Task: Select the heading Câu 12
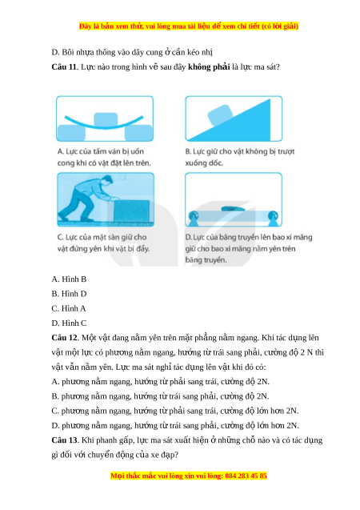coord(65,338)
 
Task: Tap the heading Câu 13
coord(65,440)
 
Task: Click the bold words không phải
coord(209,67)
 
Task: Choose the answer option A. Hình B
coord(69,279)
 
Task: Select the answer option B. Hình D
coord(69,294)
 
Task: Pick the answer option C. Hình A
coord(69,308)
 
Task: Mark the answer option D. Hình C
coord(69,323)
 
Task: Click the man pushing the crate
coord(86,198)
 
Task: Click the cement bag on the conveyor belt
coord(234,209)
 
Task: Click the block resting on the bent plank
coord(106,119)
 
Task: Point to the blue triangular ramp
coord(241,125)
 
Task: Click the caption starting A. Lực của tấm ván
coord(104,157)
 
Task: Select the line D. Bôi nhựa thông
coord(132,52)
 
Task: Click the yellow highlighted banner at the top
coord(189,26)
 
